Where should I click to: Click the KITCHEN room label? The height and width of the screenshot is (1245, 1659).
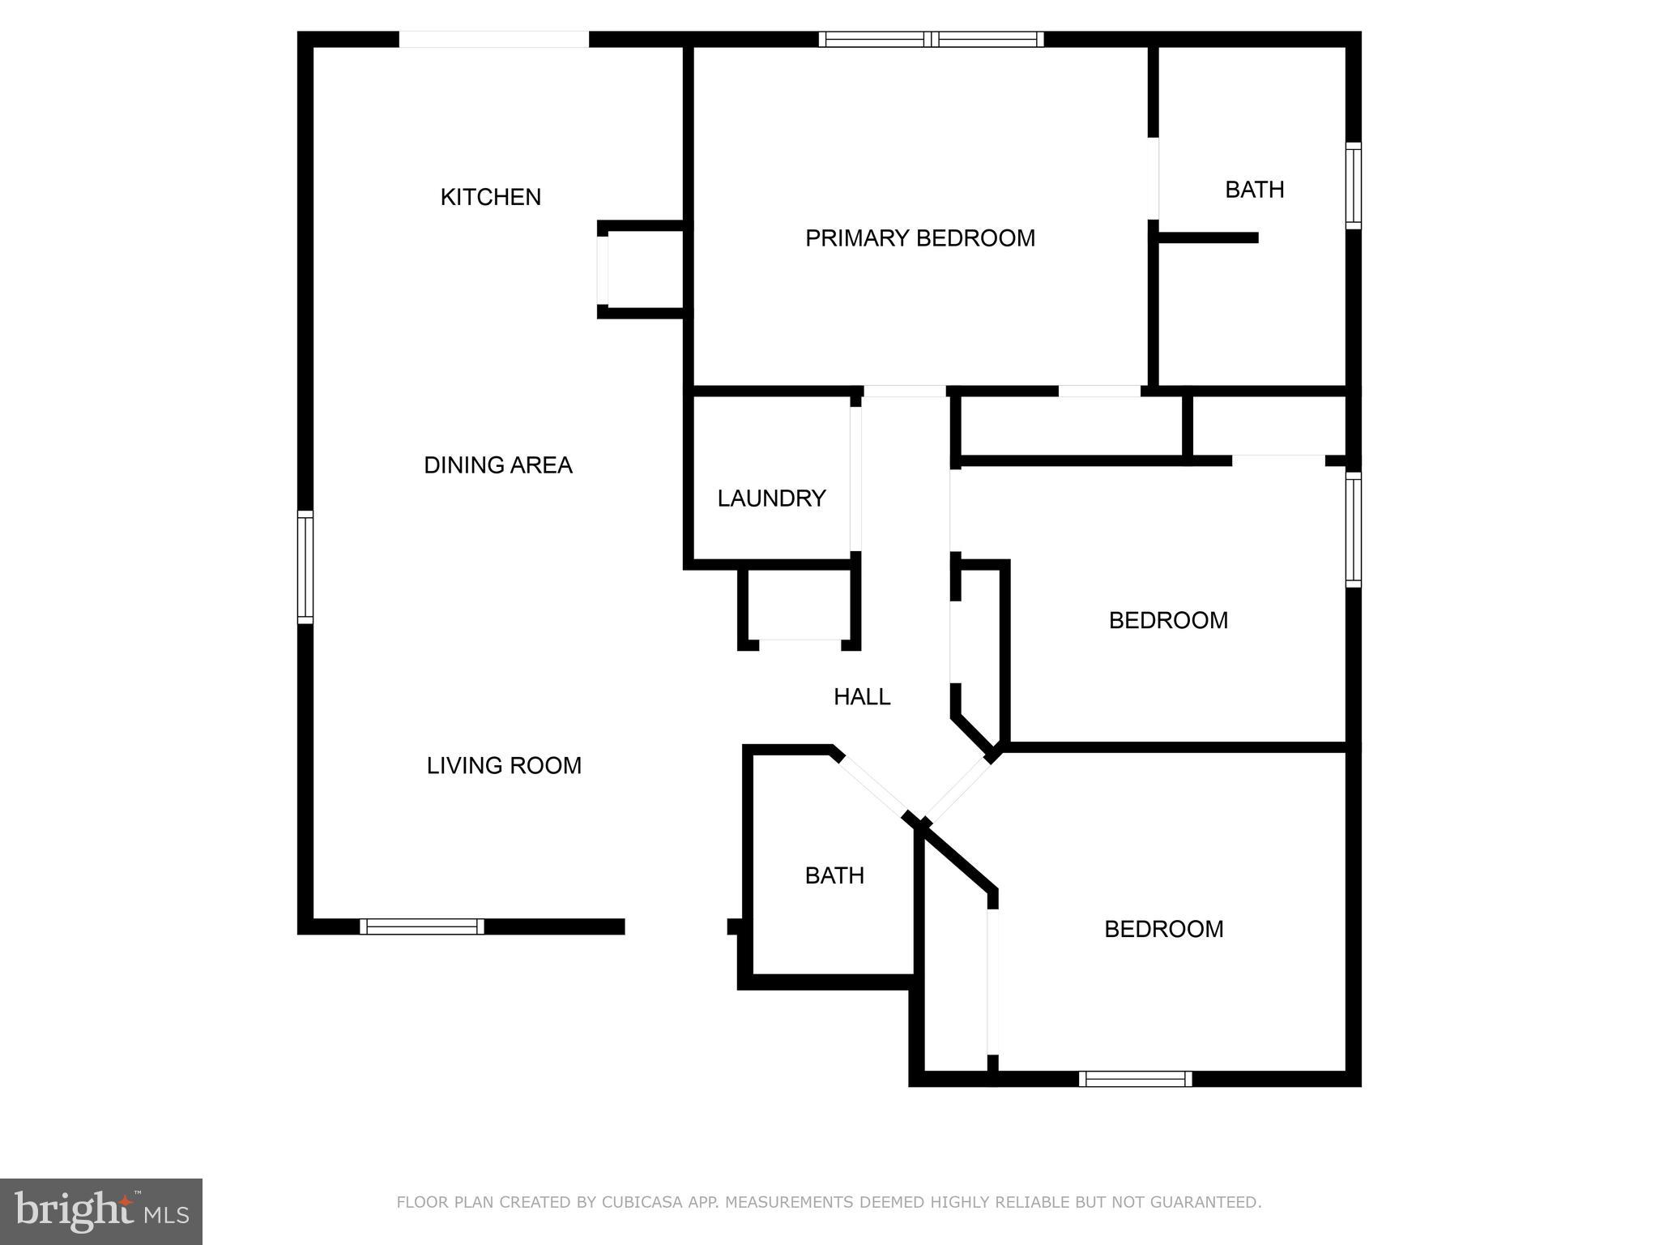[490, 197]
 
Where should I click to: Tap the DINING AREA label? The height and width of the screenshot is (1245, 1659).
[498, 465]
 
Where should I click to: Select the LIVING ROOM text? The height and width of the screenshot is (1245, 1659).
[504, 766]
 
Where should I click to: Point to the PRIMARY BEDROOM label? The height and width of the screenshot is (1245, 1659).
[920, 238]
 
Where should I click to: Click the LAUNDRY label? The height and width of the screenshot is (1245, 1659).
[771, 498]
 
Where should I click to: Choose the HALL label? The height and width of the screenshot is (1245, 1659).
[862, 697]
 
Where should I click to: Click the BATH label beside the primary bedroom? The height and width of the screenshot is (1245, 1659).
[1254, 190]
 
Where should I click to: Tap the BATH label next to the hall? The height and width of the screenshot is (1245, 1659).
[834, 875]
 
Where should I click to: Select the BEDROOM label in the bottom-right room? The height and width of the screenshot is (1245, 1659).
[1163, 929]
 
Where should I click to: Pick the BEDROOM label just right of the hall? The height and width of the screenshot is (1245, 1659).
[1168, 620]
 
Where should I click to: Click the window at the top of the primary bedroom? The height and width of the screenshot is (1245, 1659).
[931, 39]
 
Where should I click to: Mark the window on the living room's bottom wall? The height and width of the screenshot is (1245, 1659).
[422, 926]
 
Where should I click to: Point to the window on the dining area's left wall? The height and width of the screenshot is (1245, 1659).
[305, 567]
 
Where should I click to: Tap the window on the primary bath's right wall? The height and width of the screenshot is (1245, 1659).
[1354, 186]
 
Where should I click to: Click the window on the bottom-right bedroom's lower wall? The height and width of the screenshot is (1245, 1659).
[1136, 1079]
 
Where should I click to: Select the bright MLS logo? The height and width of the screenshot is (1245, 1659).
[101, 1212]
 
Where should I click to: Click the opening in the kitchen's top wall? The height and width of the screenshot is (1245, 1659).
[493, 39]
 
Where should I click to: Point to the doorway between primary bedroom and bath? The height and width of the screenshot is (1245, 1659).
[1154, 178]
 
